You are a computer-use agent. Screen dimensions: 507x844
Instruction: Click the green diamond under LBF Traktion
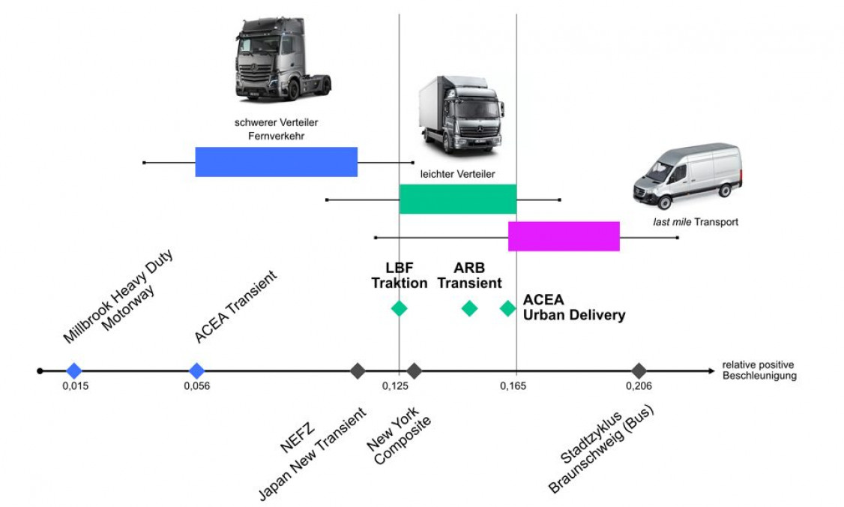(x=399, y=307)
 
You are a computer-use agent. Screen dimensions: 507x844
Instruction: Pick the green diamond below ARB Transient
(x=469, y=307)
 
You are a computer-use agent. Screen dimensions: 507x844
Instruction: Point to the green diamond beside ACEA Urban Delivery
(x=507, y=307)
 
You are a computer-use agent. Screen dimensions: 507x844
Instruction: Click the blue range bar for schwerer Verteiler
(x=276, y=162)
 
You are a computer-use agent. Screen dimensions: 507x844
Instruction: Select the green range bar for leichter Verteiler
(x=457, y=199)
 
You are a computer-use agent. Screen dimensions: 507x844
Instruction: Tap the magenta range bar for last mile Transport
(x=564, y=236)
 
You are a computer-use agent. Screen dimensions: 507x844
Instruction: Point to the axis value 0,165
(x=513, y=386)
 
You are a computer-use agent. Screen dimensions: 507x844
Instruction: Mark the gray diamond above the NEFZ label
(x=358, y=370)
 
